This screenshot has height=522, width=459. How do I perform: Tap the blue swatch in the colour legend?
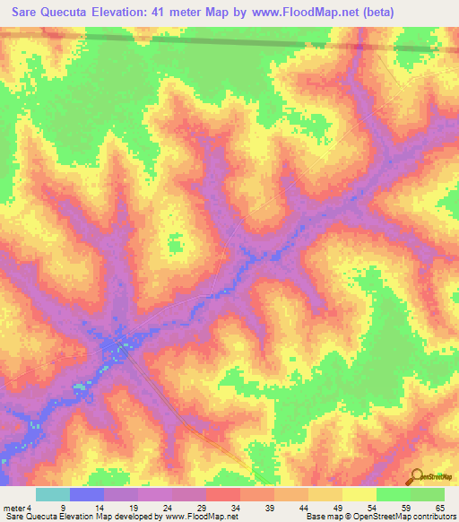86,494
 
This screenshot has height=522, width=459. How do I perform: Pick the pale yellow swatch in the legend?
359,494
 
